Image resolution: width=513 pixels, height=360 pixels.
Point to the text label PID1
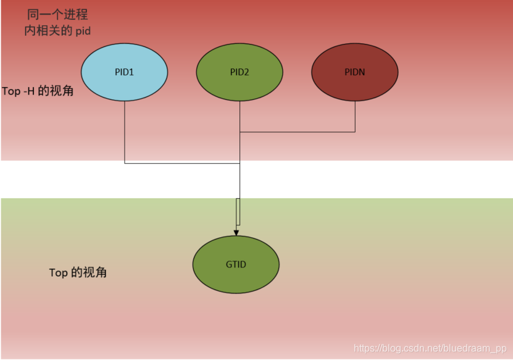pyautogui.click(x=125, y=72)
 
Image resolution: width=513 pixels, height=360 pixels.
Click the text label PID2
pyautogui.click(x=240, y=72)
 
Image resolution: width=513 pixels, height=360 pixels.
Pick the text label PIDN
pyautogui.click(x=355, y=72)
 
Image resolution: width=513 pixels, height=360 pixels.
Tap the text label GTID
pyautogui.click(x=236, y=264)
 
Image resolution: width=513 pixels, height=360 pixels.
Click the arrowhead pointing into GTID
pyautogui.click(x=236, y=232)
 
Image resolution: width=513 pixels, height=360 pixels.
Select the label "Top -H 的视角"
pyautogui.click(x=38, y=91)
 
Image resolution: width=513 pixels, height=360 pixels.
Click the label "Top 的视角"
pyautogui.click(x=78, y=272)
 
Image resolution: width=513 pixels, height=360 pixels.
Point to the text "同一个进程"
pyautogui.click(x=57, y=14)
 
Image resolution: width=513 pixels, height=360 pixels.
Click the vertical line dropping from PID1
pyautogui.click(x=125, y=133)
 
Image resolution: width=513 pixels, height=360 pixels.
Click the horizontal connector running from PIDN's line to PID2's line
pyautogui.click(x=297, y=132)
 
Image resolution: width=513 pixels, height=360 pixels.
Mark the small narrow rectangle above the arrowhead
pyautogui.click(x=238, y=212)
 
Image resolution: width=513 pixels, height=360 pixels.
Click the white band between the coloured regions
pyautogui.click(x=370, y=179)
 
